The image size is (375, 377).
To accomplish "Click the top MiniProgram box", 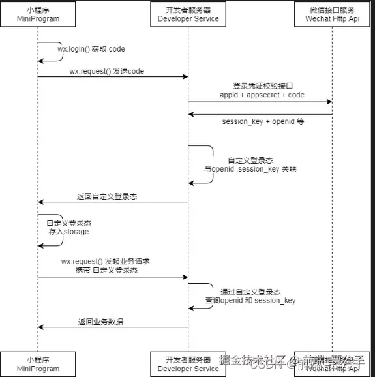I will click(x=37, y=14).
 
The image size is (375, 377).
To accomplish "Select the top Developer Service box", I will click(x=188, y=14).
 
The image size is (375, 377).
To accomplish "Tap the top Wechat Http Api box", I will click(x=332, y=14).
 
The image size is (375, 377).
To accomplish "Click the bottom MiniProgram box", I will click(x=37, y=363).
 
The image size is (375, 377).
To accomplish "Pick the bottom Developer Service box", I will click(x=188, y=363).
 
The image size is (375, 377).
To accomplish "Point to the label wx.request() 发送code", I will click(x=108, y=70).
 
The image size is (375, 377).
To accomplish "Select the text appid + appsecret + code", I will click(x=262, y=95).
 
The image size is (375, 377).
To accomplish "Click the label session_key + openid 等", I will click(x=262, y=121).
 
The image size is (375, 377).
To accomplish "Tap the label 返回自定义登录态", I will click(x=106, y=196).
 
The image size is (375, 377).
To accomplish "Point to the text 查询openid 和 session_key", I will click(x=250, y=301).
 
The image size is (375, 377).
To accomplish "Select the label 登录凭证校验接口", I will click(x=262, y=86).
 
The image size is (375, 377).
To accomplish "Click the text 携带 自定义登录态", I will click(x=106, y=270).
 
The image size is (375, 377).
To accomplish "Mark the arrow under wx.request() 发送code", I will click(x=113, y=77).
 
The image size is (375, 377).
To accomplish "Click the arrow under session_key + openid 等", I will click(x=260, y=114).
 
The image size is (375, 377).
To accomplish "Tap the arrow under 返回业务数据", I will click(x=113, y=327).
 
